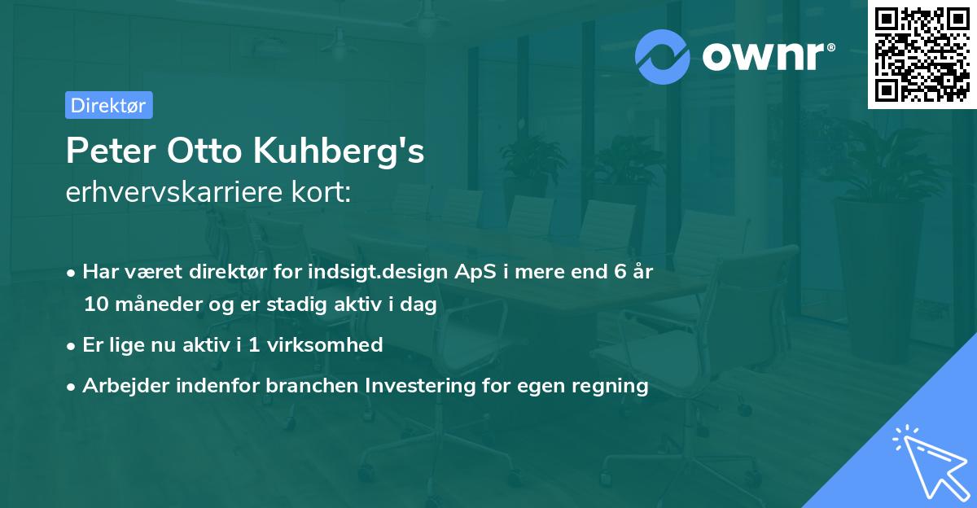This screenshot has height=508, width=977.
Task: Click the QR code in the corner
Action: [x=922, y=55]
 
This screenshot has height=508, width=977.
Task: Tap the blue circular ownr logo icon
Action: [x=663, y=56]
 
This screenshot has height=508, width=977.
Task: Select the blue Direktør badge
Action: [x=108, y=105]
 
